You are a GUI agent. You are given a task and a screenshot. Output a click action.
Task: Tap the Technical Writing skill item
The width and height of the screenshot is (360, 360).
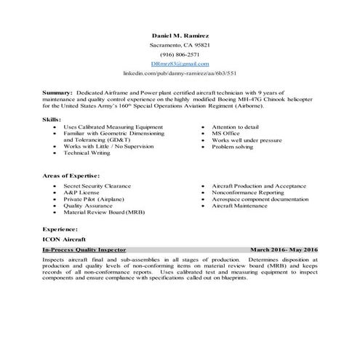(x=87, y=153)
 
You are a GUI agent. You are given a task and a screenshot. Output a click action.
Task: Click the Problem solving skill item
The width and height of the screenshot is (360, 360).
(x=233, y=146)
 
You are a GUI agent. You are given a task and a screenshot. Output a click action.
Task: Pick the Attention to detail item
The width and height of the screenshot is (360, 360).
(x=236, y=127)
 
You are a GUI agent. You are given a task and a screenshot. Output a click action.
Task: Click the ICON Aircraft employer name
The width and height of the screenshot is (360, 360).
(x=63, y=239)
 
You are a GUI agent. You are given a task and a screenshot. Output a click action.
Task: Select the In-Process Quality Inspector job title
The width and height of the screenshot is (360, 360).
(x=84, y=249)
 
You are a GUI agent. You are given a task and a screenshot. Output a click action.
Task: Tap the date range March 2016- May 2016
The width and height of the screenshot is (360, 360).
(x=284, y=249)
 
